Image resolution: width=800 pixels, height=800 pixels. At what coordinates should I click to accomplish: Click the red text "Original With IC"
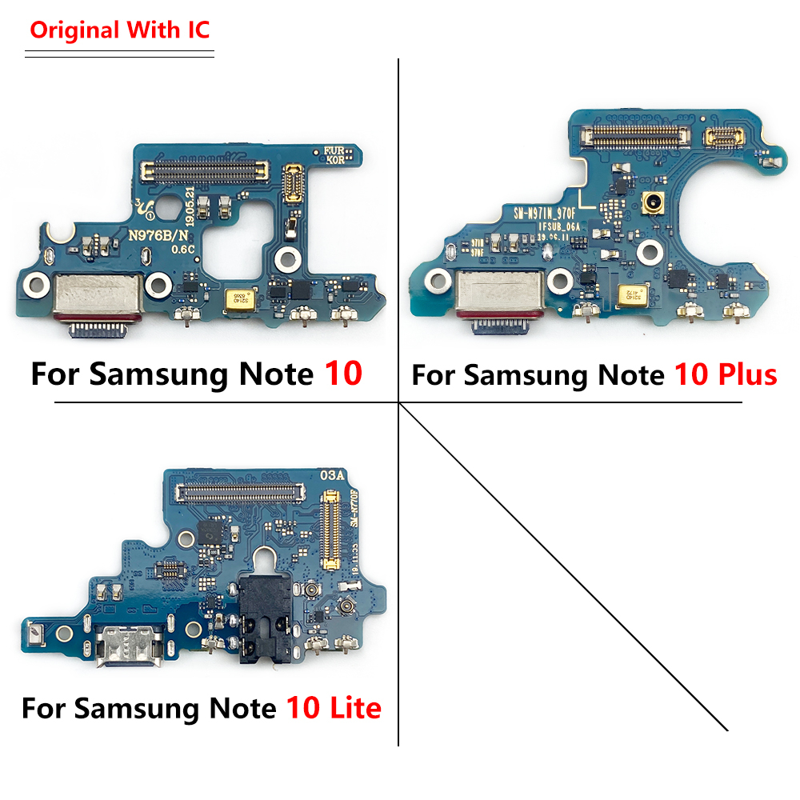[120, 31]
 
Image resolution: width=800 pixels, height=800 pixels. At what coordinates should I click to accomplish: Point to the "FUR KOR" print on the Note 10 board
[334, 154]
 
